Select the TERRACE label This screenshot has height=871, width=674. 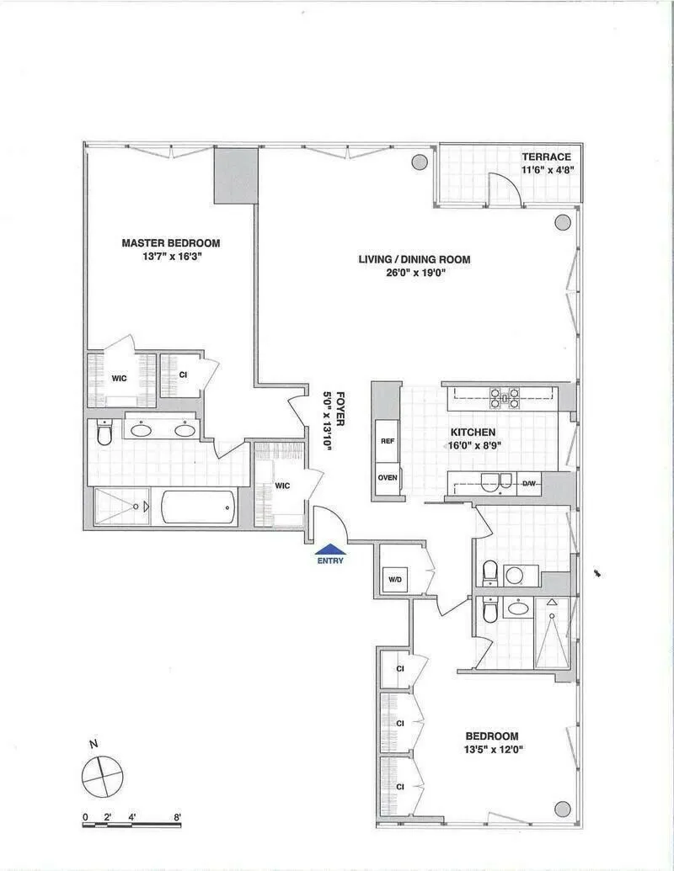[x=546, y=157]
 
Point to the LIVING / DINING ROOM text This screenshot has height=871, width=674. [x=414, y=259]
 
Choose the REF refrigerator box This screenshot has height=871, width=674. [x=388, y=441]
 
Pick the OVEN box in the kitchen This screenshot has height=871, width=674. [x=388, y=477]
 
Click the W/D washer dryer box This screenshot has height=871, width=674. [x=394, y=580]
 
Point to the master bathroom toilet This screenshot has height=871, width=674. [x=104, y=433]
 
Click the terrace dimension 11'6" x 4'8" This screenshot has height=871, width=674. [x=546, y=171]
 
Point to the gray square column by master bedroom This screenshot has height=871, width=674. [x=236, y=175]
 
